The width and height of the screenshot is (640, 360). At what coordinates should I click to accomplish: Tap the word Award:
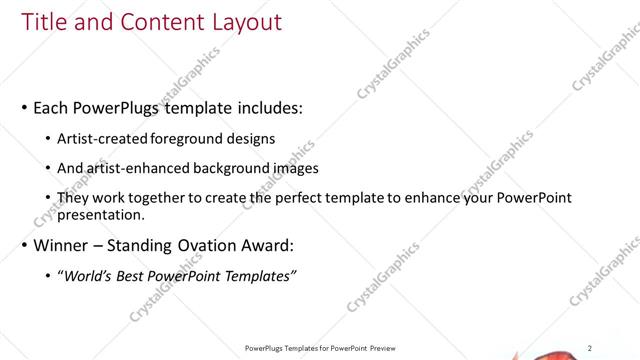pos(270,245)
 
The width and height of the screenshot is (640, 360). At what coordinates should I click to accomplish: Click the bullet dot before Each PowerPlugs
pos(24,108)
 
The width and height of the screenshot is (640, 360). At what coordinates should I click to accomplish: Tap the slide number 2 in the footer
pos(590,348)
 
